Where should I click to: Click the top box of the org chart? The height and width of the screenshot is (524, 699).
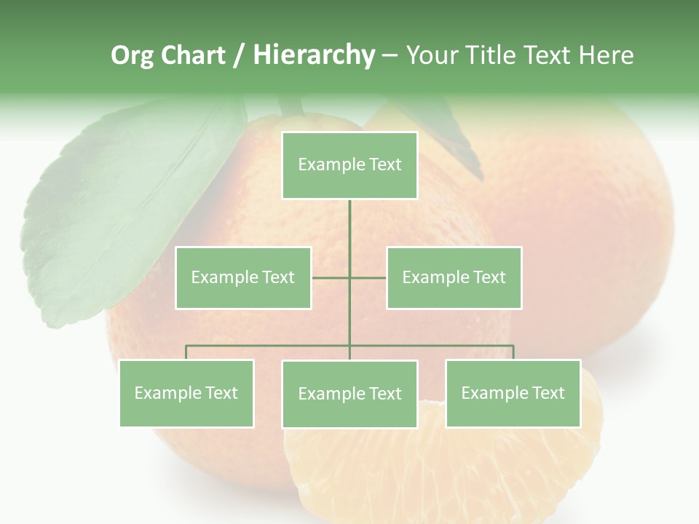coord(349,165)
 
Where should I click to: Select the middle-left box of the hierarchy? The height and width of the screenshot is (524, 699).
coord(243,277)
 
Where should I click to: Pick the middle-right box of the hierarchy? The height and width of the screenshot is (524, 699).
coord(454,277)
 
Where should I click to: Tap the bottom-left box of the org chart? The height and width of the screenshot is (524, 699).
coord(186,393)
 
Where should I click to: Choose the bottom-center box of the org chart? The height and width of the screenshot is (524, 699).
coord(349,394)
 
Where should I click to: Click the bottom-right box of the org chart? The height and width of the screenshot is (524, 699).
coord(513,393)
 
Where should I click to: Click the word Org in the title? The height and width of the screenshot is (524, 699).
coord(133,55)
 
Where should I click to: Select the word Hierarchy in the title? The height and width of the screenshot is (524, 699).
coord(313,55)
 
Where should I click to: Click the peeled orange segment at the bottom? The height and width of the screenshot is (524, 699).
coord(444,473)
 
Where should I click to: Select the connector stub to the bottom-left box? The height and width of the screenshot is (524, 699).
coord(186,352)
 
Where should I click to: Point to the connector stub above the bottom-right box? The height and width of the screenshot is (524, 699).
coord(513,352)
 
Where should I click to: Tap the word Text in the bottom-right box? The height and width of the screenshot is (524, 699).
coord(548,393)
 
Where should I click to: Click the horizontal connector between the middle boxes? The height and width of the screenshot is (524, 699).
coord(349,277)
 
